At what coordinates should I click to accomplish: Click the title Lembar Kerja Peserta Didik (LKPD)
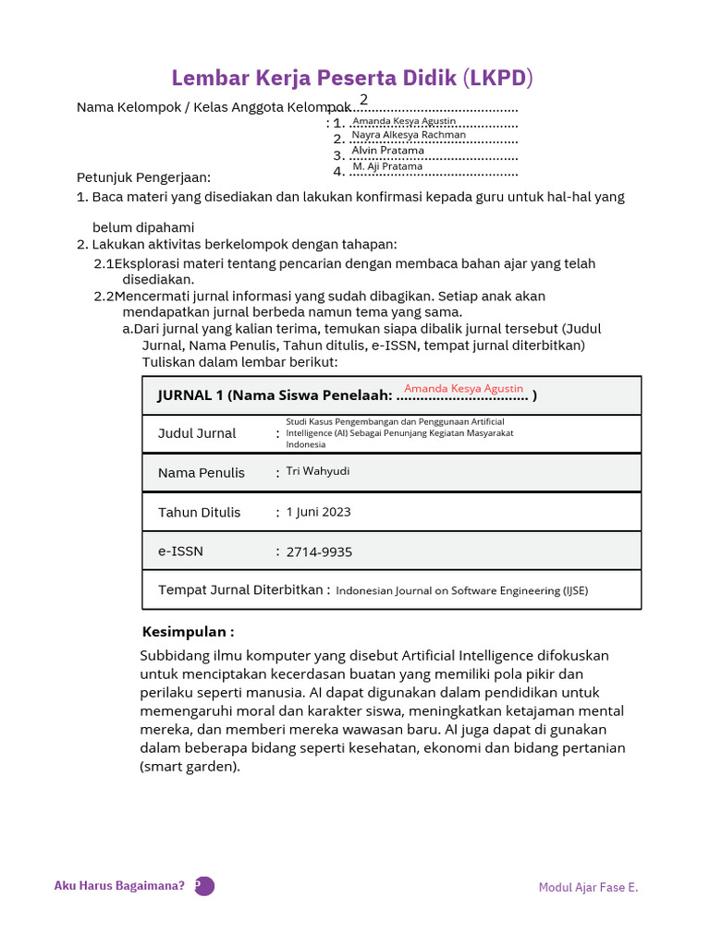click(x=354, y=77)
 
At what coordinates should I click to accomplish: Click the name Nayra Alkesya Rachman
click(x=409, y=135)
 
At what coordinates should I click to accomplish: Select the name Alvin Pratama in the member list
click(x=387, y=151)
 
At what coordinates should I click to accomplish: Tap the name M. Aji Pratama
click(x=387, y=166)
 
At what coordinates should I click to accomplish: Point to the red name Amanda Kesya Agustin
click(x=463, y=389)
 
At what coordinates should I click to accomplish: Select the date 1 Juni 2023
click(x=318, y=512)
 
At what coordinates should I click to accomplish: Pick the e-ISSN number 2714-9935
click(x=319, y=552)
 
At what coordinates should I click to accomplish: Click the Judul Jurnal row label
click(x=197, y=433)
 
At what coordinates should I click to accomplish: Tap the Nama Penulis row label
click(x=202, y=473)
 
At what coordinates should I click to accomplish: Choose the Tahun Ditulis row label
click(x=199, y=513)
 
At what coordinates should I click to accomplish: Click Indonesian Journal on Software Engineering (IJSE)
click(x=461, y=591)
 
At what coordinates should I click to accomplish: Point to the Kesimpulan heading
click(x=188, y=632)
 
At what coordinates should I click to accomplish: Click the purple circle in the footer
click(x=204, y=886)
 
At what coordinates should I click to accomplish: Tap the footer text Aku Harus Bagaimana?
click(x=119, y=886)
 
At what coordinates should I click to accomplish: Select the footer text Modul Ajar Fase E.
click(x=588, y=888)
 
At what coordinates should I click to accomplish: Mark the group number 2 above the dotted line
click(x=363, y=100)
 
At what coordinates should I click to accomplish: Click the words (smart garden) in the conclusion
click(x=190, y=766)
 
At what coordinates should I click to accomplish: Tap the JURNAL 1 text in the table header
click(x=190, y=395)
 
